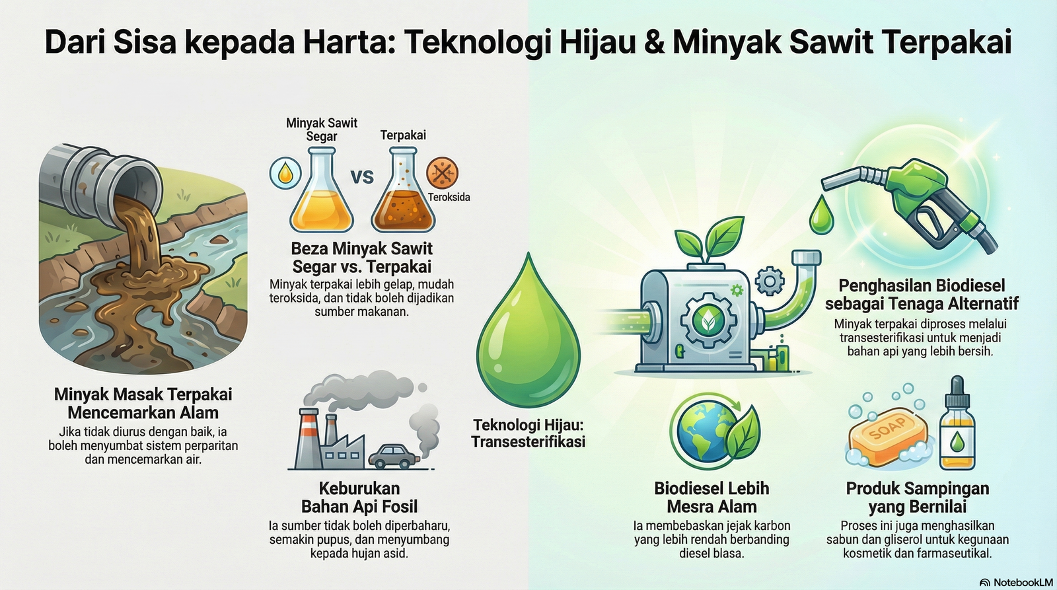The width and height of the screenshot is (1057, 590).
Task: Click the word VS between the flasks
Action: tap(362, 177)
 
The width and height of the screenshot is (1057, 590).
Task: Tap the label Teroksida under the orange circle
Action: tap(449, 198)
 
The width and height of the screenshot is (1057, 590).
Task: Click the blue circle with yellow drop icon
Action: tap(285, 173)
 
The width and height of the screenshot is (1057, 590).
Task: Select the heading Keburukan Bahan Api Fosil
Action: tap(359, 497)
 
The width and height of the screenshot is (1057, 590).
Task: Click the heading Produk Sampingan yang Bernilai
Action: tap(918, 497)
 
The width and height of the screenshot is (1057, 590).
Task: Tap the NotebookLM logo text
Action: tap(1023, 583)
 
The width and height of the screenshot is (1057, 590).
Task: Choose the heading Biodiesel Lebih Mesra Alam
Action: tap(711, 497)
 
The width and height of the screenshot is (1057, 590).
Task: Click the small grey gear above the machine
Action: tap(770, 281)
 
